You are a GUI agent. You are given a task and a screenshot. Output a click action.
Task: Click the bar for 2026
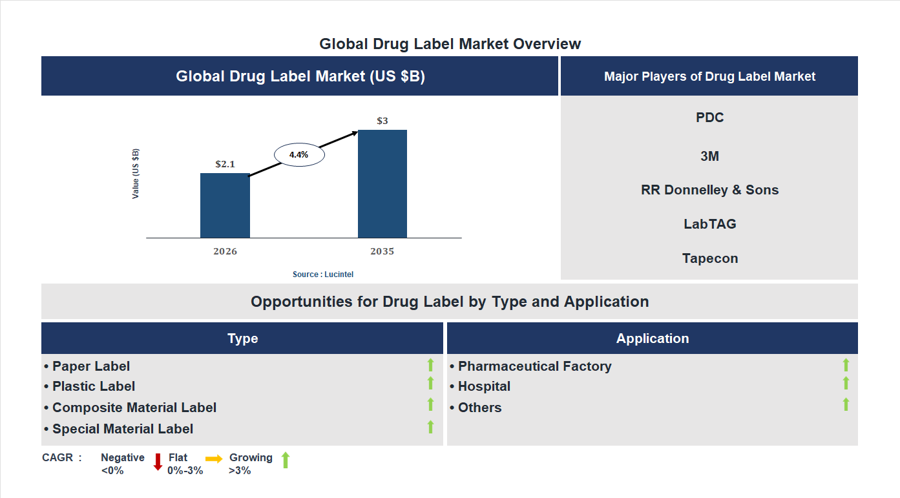pyautogui.click(x=225, y=205)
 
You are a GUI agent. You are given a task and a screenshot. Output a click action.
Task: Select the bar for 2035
pyautogui.click(x=382, y=184)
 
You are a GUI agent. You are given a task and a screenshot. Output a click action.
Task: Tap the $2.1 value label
pyautogui.click(x=225, y=164)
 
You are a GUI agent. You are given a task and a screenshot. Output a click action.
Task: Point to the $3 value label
pyautogui.click(x=382, y=121)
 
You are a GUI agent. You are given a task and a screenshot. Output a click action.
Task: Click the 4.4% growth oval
pyautogui.click(x=298, y=155)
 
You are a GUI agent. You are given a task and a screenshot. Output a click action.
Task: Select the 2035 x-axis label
pyautogui.click(x=382, y=251)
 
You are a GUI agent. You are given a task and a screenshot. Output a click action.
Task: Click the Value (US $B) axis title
pyautogui.click(x=136, y=174)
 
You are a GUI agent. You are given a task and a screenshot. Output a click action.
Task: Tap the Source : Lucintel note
pyautogui.click(x=322, y=275)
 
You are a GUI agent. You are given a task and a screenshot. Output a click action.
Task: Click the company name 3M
pyautogui.click(x=709, y=156)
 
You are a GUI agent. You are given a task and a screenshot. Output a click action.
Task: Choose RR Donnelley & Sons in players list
pyautogui.click(x=709, y=190)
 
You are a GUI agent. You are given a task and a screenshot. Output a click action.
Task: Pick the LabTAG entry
pyautogui.click(x=709, y=224)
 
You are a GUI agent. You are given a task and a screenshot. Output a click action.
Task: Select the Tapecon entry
pyautogui.click(x=709, y=258)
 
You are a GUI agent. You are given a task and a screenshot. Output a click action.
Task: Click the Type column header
pyautogui.click(x=242, y=338)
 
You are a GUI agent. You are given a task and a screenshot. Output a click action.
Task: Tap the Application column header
pyautogui.click(x=652, y=338)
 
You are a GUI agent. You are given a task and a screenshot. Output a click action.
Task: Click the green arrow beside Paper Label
pyautogui.click(x=430, y=366)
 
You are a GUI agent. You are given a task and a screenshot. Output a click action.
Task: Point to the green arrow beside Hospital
pyautogui.click(x=846, y=384)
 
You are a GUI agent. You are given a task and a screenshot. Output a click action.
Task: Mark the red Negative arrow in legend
pyautogui.click(x=158, y=462)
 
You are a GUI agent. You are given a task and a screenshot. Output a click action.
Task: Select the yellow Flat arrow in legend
pyautogui.click(x=214, y=459)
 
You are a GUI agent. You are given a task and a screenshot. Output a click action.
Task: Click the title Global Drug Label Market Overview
pyautogui.click(x=450, y=44)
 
